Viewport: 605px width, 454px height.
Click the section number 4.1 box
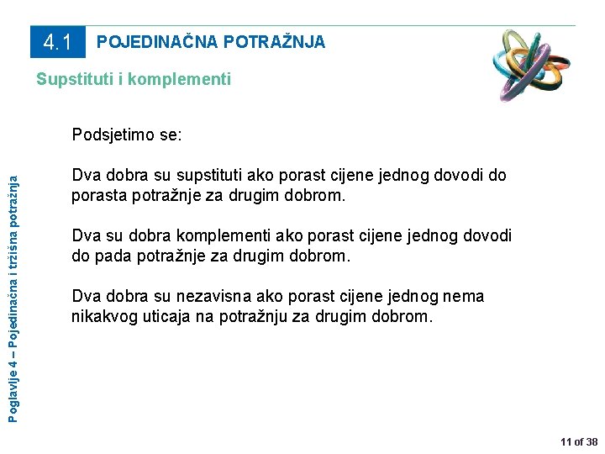click(57, 42)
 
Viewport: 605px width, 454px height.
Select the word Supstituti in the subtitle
click(73, 80)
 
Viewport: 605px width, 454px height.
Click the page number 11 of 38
click(579, 441)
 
